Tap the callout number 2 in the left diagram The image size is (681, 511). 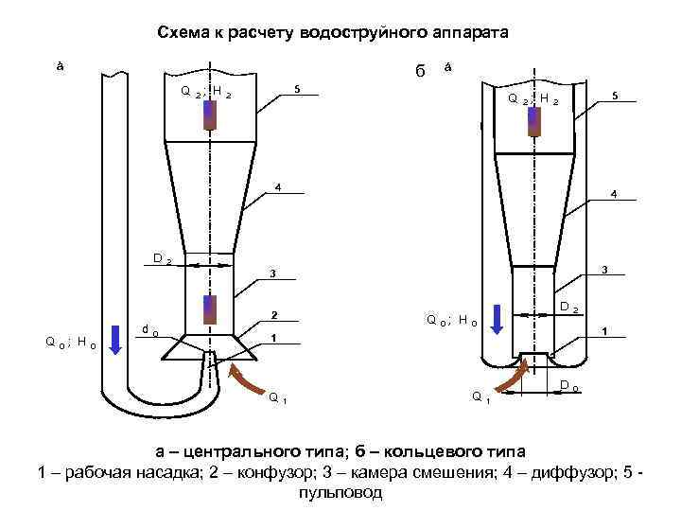273,313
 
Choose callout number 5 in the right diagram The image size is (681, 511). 616,95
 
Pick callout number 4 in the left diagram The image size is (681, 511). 278,185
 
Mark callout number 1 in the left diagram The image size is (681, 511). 273,336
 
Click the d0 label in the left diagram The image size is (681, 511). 149,330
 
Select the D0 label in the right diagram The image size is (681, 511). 569,385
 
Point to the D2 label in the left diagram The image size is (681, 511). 162,258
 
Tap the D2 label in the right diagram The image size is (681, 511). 568,307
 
